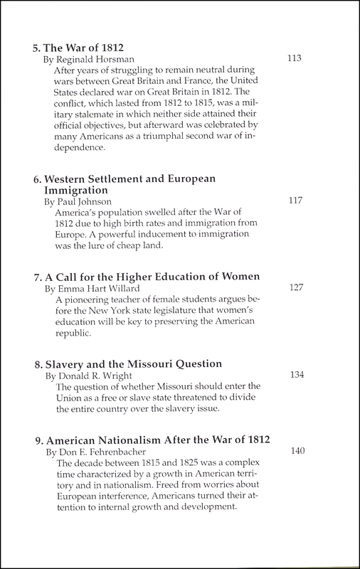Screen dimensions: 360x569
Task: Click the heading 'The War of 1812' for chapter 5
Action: (x=80, y=49)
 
